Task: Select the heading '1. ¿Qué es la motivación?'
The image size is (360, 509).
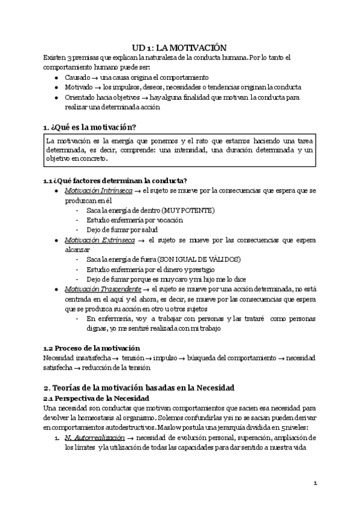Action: pyautogui.click(x=90, y=127)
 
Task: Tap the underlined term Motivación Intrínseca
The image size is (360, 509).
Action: pyautogui.click(x=90, y=190)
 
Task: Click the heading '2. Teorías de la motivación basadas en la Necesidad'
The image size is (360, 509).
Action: pyautogui.click(x=139, y=387)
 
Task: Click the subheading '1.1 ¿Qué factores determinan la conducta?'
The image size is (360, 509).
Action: pyautogui.click(x=115, y=181)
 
